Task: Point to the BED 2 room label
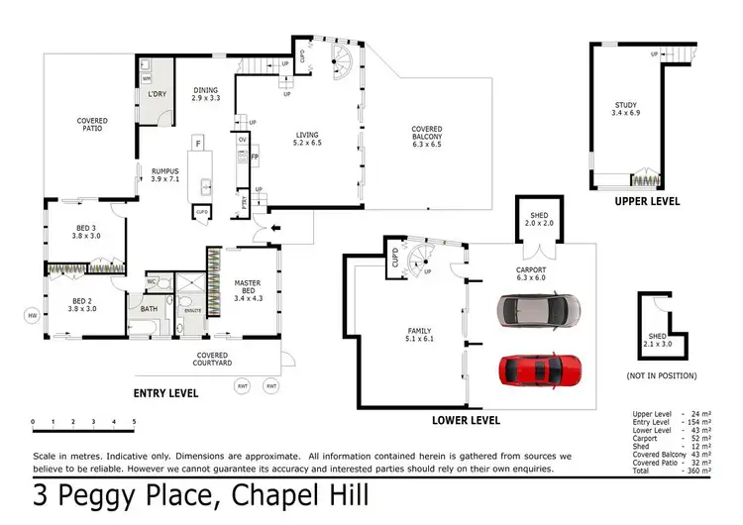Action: (x=85, y=304)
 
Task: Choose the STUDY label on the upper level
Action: (x=625, y=110)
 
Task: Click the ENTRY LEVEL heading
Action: (x=165, y=393)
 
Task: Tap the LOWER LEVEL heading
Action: (x=467, y=420)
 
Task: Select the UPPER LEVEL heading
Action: (x=647, y=200)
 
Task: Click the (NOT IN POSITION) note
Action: (x=661, y=376)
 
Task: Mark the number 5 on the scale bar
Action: (x=133, y=421)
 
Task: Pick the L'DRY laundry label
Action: (x=156, y=94)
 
